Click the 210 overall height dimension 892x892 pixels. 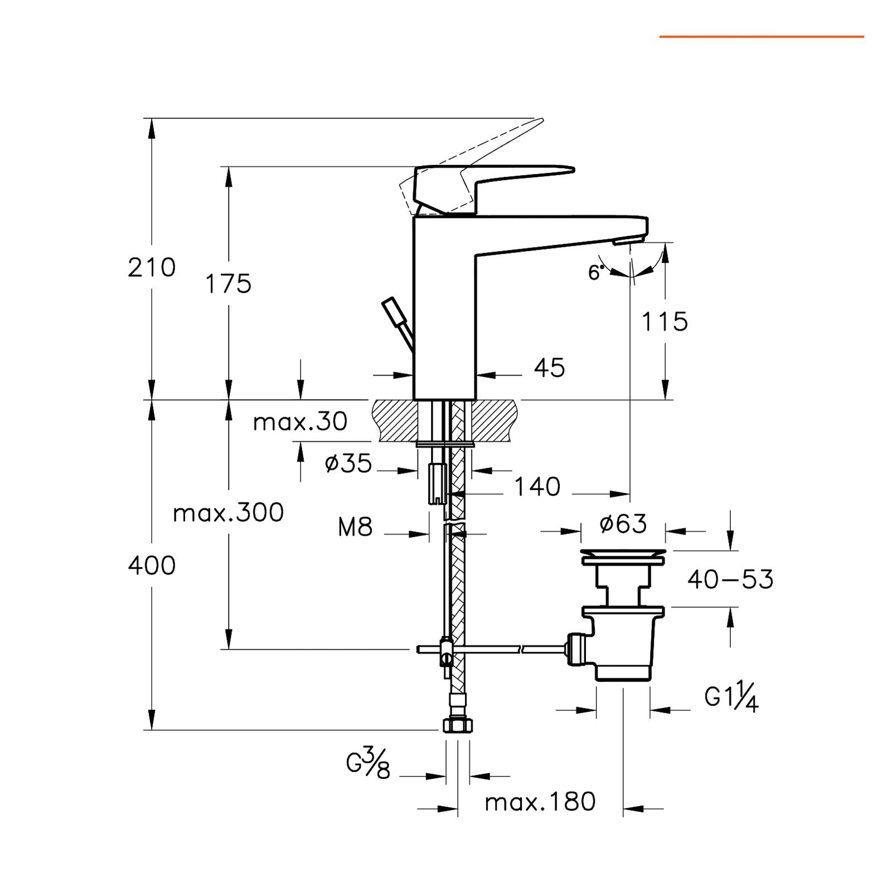coord(151,268)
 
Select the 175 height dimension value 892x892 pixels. coord(229,284)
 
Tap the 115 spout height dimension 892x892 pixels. coord(665,322)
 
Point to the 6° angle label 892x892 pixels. coord(596,273)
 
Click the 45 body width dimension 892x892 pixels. coord(549,368)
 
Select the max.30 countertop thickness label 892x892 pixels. coord(300,422)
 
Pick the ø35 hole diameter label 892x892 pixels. coord(348,463)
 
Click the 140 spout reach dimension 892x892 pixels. coord(536,487)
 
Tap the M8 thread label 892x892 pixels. coord(355,527)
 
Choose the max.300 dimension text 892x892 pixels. coord(228,513)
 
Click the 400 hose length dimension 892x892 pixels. coord(151,566)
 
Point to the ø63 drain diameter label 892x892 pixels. coord(623,524)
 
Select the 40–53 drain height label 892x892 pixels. coord(730,580)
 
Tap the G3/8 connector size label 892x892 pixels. coord(369,764)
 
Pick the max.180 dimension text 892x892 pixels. coord(540,802)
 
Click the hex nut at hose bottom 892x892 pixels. coord(458,725)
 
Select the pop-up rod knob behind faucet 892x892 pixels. coord(393,313)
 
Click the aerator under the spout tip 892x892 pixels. coord(628,241)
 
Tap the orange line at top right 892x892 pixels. coord(762,37)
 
